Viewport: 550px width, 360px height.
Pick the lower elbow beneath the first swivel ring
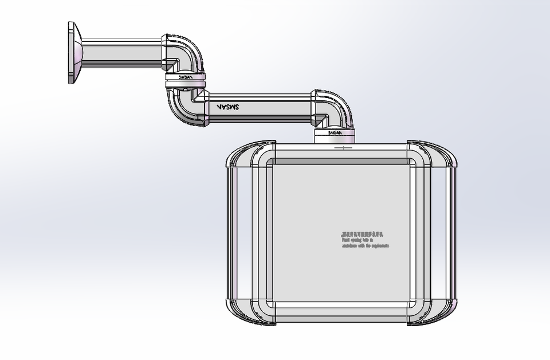click(x=185, y=107)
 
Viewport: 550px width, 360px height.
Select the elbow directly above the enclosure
click(x=333, y=108)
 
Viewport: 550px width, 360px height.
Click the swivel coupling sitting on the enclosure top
click(x=335, y=134)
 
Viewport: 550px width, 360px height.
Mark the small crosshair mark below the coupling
click(x=343, y=148)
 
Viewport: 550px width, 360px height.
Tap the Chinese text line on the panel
click(x=362, y=234)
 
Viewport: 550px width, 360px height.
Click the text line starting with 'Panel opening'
click(x=357, y=240)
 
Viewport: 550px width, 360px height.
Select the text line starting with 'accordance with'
click(x=366, y=246)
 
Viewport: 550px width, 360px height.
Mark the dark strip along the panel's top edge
click(x=342, y=161)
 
